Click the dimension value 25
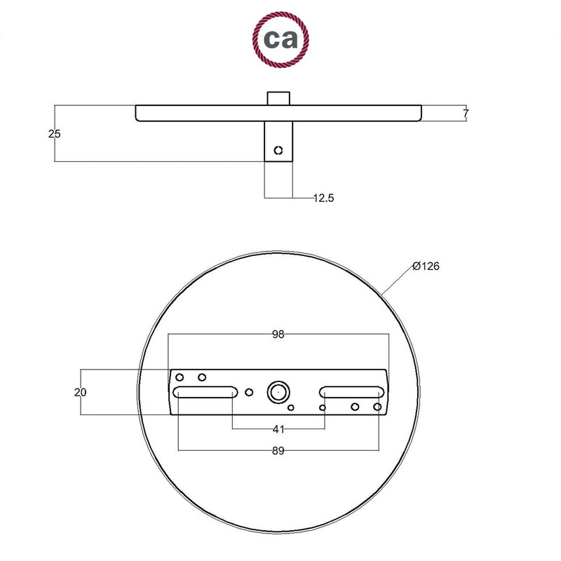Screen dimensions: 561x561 (55, 133)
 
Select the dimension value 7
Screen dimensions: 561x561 (465, 113)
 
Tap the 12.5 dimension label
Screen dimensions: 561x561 (323, 198)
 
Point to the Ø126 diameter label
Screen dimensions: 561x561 (426, 266)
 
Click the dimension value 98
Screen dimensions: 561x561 (278, 334)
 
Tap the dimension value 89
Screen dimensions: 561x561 (278, 452)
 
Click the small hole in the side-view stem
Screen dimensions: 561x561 (278, 150)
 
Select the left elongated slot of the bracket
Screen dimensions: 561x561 (205, 393)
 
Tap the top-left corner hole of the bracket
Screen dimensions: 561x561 (180, 377)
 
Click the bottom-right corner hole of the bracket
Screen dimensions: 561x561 (377, 407)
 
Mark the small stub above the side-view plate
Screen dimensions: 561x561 (278, 97)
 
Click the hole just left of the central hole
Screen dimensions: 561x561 (248, 392)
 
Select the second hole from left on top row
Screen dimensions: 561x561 (202, 377)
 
